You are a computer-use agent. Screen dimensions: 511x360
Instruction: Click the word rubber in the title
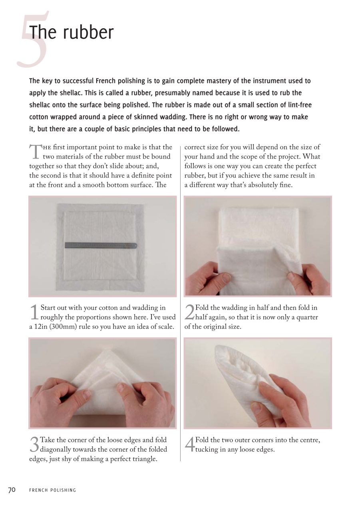88,33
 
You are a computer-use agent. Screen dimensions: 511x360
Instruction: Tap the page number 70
12,490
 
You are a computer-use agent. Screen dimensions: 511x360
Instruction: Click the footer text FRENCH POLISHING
52,490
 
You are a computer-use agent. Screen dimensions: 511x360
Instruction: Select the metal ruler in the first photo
101,245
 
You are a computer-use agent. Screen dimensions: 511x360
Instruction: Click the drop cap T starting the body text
35,152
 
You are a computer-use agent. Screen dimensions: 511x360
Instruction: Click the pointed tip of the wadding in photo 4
219,347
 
